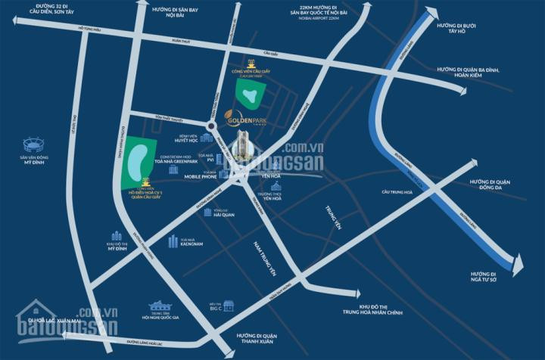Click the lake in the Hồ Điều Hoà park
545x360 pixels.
point(138,160)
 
